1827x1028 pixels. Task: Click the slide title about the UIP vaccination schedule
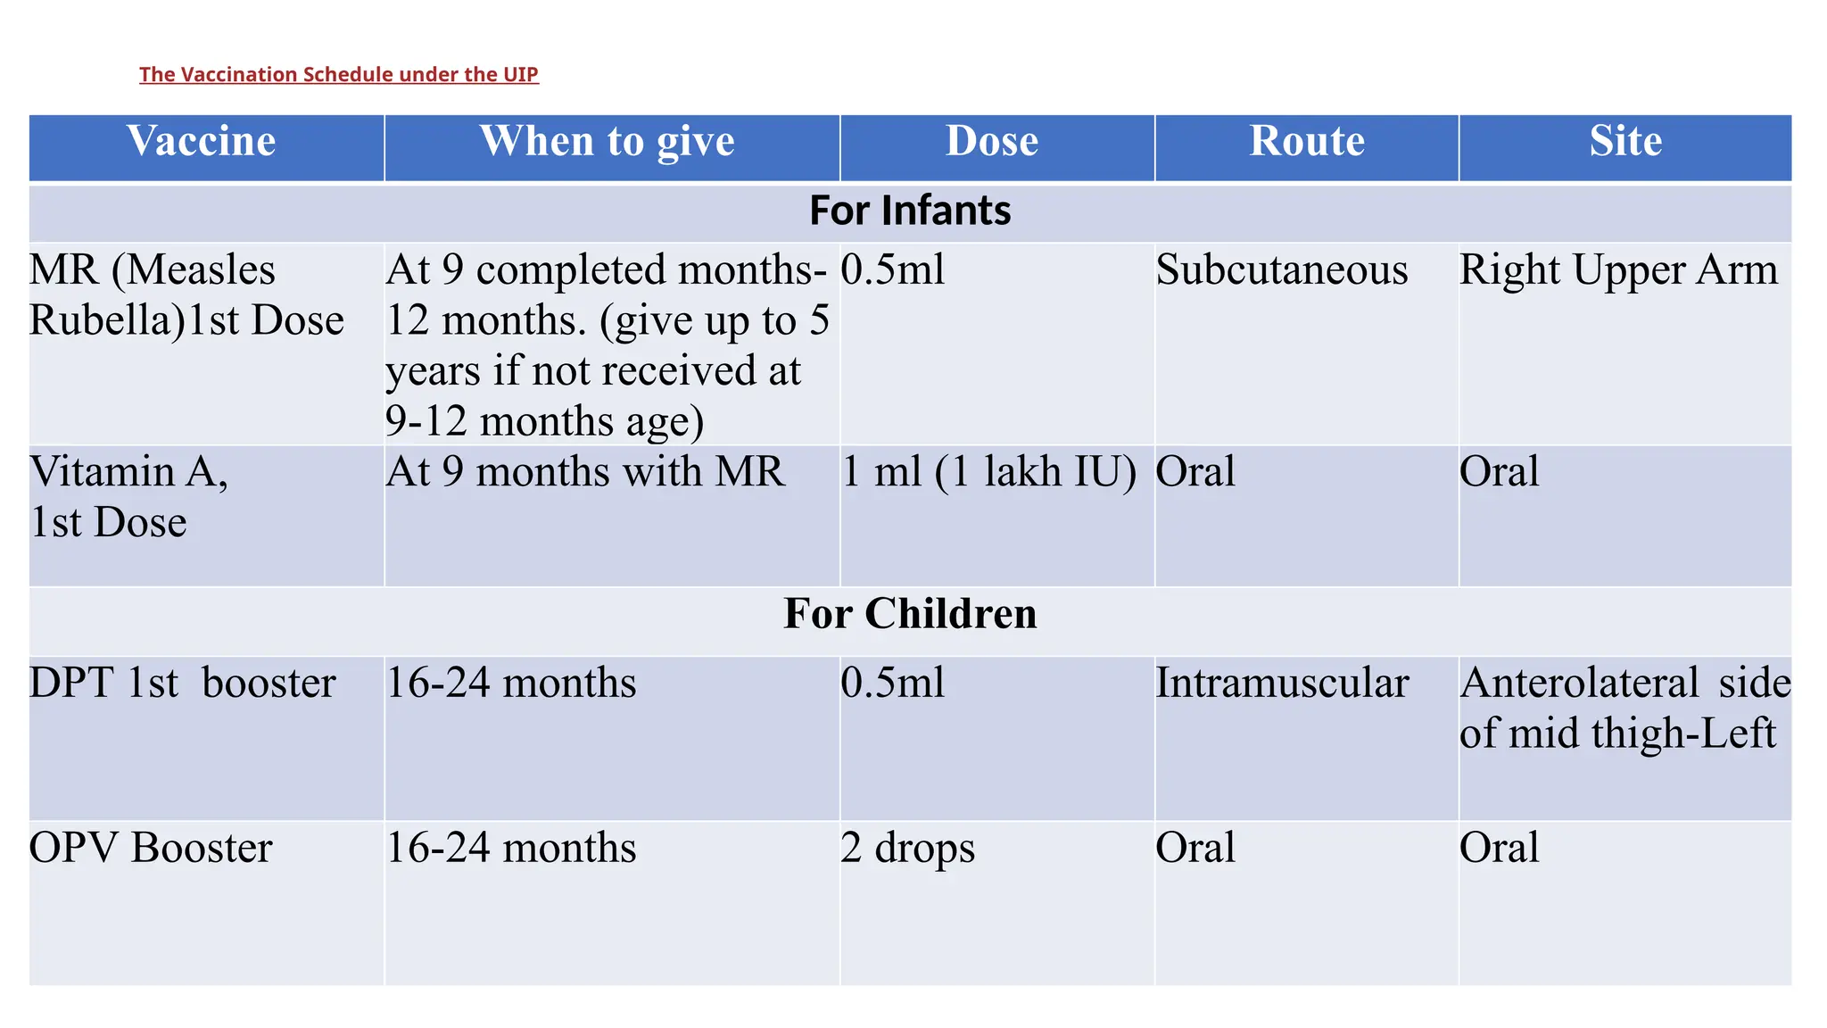(x=338, y=74)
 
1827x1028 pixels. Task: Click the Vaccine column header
(x=202, y=141)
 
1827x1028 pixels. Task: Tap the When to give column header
(x=607, y=141)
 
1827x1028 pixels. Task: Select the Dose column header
(x=992, y=141)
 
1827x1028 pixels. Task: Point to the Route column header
(x=1307, y=141)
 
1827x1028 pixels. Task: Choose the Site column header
(x=1625, y=141)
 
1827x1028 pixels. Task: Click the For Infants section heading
(x=910, y=211)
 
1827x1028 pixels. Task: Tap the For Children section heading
(x=910, y=614)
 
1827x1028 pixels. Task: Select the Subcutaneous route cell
(x=1282, y=269)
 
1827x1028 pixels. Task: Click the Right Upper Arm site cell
(x=1618, y=269)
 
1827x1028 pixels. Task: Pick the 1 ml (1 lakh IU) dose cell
(x=988, y=471)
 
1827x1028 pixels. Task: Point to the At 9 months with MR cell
(x=585, y=471)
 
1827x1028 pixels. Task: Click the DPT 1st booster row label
(x=182, y=683)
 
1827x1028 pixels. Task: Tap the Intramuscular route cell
(x=1282, y=683)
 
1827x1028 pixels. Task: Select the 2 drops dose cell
(x=907, y=848)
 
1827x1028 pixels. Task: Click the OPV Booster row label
(x=151, y=848)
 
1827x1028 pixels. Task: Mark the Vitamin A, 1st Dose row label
(x=128, y=496)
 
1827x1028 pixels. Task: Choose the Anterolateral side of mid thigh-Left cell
(x=1624, y=708)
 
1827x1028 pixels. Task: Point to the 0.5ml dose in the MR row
(x=892, y=269)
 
